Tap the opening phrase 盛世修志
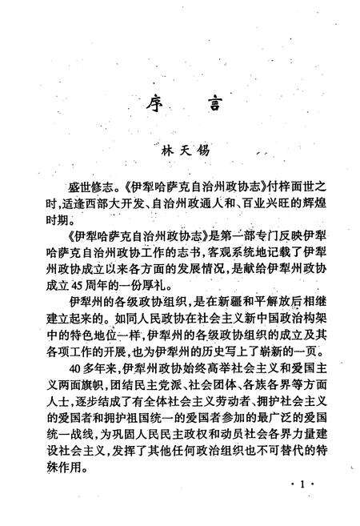(x=89, y=183)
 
